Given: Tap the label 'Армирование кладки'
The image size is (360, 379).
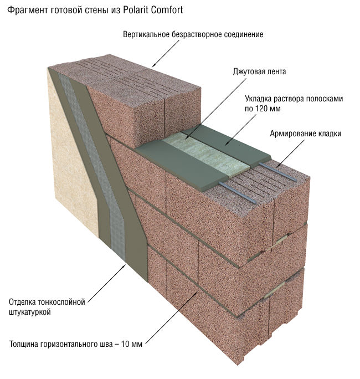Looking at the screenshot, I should (x=305, y=134).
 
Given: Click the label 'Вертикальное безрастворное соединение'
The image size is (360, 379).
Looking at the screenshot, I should (x=193, y=34).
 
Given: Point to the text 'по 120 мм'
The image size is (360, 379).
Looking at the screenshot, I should (x=263, y=109).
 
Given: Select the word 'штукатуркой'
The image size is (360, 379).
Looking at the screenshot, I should (x=30, y=313).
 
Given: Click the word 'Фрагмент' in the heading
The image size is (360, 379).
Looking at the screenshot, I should (x=27, y=9).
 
